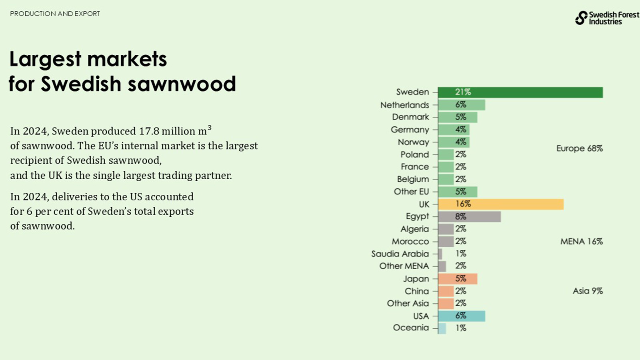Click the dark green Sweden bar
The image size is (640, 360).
[x=520, y=92]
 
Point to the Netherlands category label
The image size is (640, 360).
[x=404, y=105]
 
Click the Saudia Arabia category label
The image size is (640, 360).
[x=400, y=254]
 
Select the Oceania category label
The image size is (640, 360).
[x=411, y=328]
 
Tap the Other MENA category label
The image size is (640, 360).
[x=404, y=266]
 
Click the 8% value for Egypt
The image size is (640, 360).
[x=460, y=217]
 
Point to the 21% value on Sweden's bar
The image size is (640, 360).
[x=463, y=92]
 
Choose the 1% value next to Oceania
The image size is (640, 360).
[x=461, y=328]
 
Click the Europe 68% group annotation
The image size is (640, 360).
[x=579, y=149]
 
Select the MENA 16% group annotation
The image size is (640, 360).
[x=581, y=242]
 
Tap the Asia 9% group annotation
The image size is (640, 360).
[x=587, y=291]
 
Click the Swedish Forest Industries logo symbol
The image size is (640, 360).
[x=581, y=18]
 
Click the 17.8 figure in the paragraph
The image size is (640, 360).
[x=149, y=132]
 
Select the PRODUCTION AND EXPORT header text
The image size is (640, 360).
[x=55, y=14]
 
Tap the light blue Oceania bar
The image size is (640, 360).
[x=442, y=328]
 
